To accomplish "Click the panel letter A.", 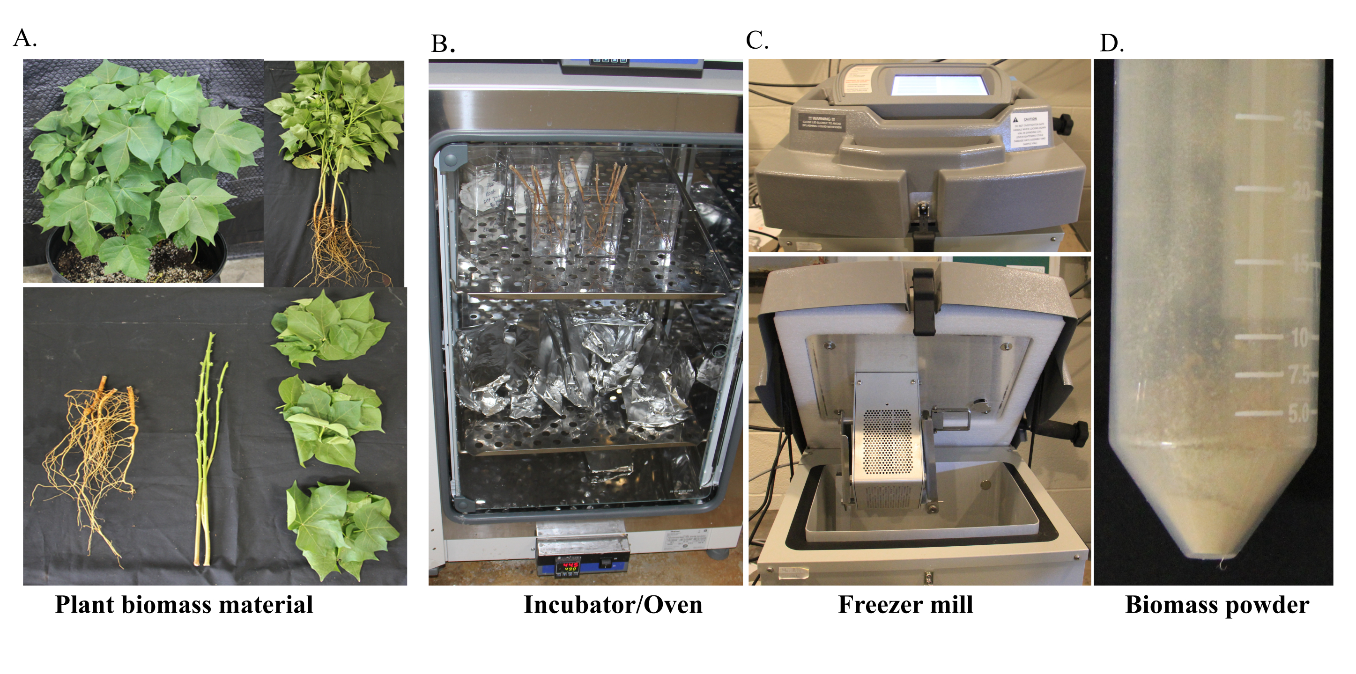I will (x=24, y=38).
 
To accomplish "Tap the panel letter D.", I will (x=1111, y=44).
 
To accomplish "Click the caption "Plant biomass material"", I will (x=184, y=605).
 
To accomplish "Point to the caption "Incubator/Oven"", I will (x=613, y=605).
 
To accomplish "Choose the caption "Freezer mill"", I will (x=905, y=605).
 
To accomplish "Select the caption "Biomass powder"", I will (x=1216, y=605).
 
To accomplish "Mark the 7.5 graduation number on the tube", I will (x=1299, y=375).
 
